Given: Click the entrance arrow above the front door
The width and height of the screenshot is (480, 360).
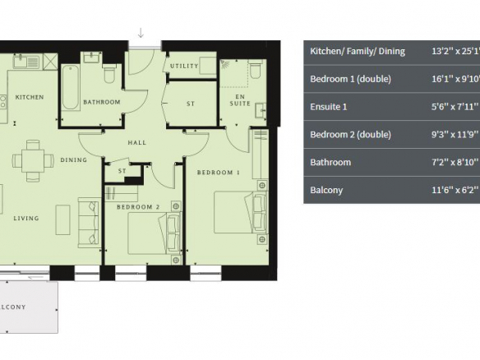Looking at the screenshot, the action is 141,33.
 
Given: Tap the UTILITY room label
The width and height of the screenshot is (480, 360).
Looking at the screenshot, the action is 184,66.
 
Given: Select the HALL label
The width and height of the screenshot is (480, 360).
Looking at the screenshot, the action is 136,142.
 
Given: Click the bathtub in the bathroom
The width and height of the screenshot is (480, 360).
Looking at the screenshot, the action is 70,88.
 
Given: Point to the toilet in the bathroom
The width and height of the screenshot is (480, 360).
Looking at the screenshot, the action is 109,73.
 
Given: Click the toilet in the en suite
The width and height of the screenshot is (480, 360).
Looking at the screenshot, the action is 255,69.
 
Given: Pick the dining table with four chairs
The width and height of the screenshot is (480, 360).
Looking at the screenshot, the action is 33,161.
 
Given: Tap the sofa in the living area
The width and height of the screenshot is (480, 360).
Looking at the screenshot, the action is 90,222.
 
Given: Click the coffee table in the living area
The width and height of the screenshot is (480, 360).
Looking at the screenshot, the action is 62,219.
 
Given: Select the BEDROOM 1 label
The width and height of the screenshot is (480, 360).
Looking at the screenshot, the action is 219,173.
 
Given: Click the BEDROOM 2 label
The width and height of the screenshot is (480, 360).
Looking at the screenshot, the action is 138,207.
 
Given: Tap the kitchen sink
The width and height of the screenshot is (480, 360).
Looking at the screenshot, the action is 26,62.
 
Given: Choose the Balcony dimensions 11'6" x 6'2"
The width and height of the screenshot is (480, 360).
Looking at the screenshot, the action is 455,190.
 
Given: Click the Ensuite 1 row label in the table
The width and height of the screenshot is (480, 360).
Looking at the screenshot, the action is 329,107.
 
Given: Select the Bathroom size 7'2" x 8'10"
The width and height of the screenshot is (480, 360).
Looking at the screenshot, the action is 455,162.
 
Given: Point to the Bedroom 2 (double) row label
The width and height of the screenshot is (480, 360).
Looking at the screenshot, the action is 350,135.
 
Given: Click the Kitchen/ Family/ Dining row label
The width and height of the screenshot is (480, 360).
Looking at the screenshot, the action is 358,51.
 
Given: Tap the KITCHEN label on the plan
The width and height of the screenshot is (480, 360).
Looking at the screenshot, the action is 30,97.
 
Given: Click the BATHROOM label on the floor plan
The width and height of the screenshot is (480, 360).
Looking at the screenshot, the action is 102,102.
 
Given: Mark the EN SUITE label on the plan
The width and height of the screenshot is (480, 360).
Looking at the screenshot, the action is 240,100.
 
